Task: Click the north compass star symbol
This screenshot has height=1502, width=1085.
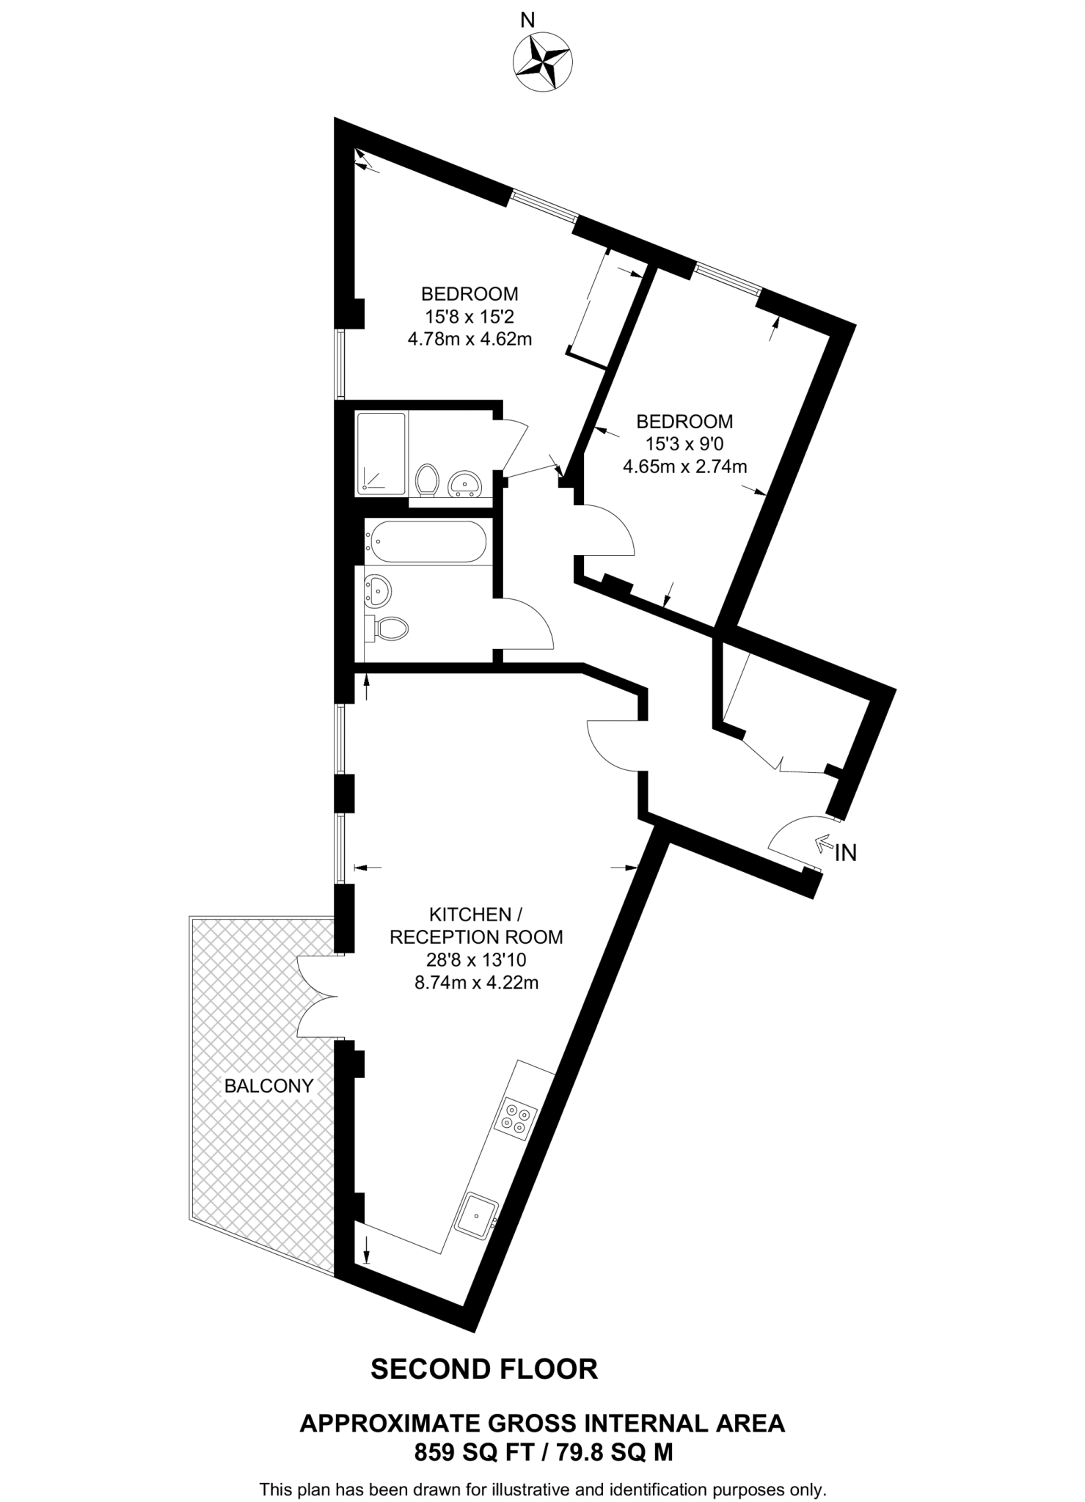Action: pyautogui.click(x=542, y=63)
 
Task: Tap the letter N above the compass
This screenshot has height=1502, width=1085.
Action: pyautogui.click(x=527, y=21)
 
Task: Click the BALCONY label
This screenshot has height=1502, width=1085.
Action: pyautogui.click(x=268, y=1086)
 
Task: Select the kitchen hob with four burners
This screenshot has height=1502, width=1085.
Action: pyautogui.click(x=517, y=1118)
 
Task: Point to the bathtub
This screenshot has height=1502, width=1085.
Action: pyautogui.click(x=426, y=541)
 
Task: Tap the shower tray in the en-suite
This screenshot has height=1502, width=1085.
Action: pyautogui.click(x=381, y=453)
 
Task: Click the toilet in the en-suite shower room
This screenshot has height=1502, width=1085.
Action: pyautogui.click(x=427, y=480)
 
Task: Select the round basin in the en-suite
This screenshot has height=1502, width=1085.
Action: pyautogui.click(x=464, y=483)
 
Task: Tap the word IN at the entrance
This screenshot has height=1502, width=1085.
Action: pyautogui.click(x=846, y=852)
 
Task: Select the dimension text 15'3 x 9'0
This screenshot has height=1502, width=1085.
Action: pyautogui.click(x=684, y=444)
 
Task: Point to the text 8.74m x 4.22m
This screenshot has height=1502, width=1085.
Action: pyautogui.click(x=477, y=983)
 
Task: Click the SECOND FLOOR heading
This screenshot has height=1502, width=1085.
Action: pyautogui.click(x=484, y=1369)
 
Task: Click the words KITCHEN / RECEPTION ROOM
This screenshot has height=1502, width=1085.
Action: pyautogui.click(x=476, y=926)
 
